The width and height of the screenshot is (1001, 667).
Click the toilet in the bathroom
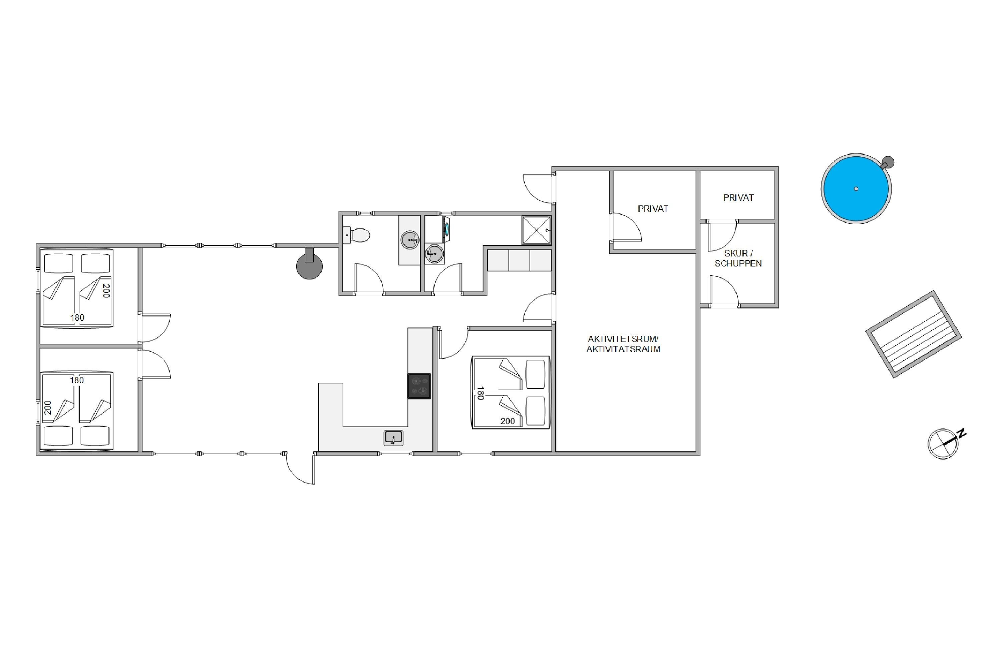(x=356, y=235)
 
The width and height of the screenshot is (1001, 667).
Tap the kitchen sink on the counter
(x=393, y=437)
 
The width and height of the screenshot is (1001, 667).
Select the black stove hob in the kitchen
(x=419, y=386)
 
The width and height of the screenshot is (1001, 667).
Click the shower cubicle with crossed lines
(x=536, y=230)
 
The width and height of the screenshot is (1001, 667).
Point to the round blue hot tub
(x=856, y=188)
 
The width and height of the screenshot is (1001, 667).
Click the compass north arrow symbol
(x=946, y=443)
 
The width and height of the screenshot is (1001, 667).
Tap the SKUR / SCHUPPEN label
(x=738, y=258)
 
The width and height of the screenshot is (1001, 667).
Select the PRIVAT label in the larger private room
(x=653, y=209)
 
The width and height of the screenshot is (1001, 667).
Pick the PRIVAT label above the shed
(x=738, y=197)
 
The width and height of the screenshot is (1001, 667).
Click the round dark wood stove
(x=309, y=264)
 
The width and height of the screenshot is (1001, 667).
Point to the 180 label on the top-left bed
(x=77, y=317)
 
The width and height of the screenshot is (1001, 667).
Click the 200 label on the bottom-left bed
(x=48, y=407)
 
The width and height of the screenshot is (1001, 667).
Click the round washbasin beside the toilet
(x=410, y=240)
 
